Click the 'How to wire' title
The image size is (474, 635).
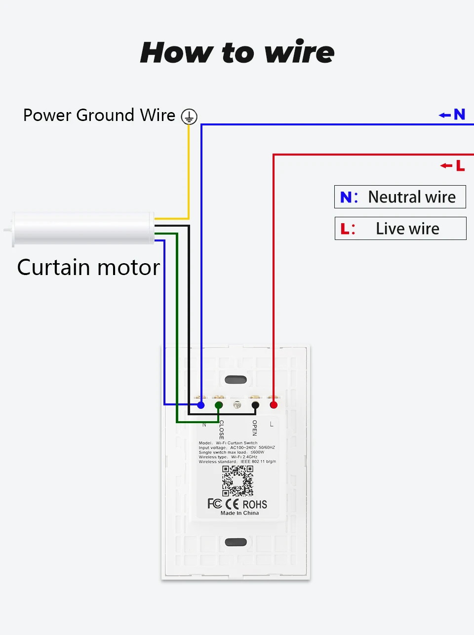coord(237,52)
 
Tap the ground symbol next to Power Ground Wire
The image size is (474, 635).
coord(189,117)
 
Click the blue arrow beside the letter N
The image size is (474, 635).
coord(445,115)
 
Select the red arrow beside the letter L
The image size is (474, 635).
coord(446,165)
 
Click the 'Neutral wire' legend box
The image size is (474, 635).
coord(400,197)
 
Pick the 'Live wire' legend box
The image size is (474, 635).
coord(400,229)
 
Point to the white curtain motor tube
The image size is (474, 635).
coord(83,228)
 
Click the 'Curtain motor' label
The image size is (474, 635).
coord(88,267)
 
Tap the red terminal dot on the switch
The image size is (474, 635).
coord(274,405)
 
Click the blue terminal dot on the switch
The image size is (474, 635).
coord(201,405)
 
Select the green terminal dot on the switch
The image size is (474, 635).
coord(219,405)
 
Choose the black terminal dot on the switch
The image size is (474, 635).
coord(255,405)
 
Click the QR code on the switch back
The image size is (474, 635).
coord(237,480)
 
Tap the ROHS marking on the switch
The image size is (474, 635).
coord(255,504)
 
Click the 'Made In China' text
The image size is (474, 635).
coord(239,513)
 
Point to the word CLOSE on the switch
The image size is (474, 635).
coord(222,430)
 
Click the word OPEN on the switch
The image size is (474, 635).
coord(255,428)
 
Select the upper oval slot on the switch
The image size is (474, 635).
coord(236,380)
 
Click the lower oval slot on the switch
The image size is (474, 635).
coord(236,542)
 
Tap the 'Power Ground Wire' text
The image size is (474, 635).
coord(99,115)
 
